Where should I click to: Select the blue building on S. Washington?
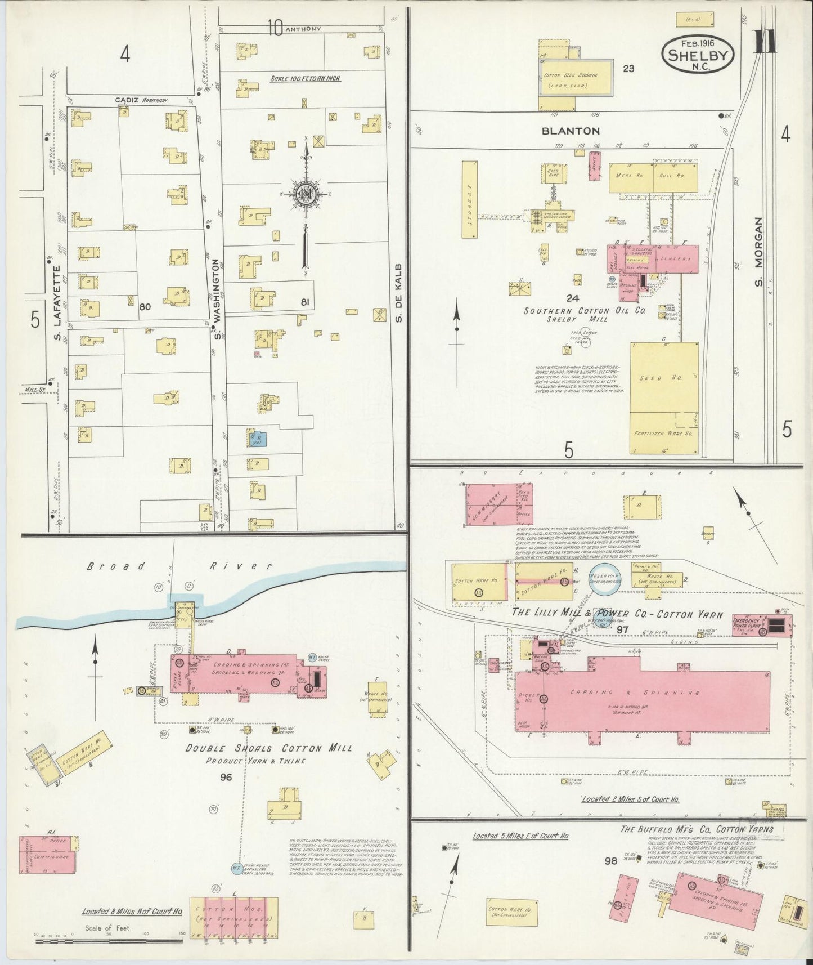[257, 438]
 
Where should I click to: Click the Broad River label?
[179, 566]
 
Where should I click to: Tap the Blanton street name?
[571, 131]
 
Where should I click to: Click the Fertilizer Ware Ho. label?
[663, 434]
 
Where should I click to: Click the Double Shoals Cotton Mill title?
[269, 748]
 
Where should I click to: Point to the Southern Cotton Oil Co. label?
[572, 311]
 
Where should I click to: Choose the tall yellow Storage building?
[469, 199]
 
